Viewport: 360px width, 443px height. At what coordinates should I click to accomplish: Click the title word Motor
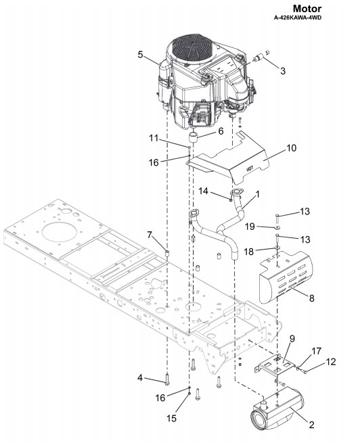(x=307, y=8)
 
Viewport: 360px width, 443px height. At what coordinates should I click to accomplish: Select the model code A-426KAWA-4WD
(x=298, y=18)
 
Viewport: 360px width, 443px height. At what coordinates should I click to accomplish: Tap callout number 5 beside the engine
(x=141, y=54)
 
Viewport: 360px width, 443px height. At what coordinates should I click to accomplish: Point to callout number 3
(x=283, y=71)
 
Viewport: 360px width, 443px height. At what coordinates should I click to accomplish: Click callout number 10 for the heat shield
(x=292, y=147)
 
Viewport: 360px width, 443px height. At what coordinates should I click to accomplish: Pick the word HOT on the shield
(x=250, y=169)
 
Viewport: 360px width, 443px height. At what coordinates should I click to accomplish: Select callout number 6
(x=221, y=131)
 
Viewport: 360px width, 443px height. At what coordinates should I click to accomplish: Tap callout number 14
(x=204, y=191)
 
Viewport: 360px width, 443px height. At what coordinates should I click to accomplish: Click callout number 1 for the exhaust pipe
(x=257, y=194)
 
